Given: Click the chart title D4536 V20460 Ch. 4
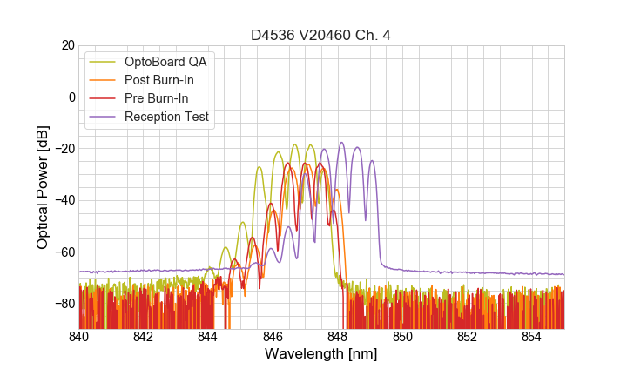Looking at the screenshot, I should [x=321, y=35].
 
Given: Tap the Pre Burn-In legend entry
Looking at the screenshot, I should [x=165, y=98].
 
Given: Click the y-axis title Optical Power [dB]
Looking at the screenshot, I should [x=42, y=187].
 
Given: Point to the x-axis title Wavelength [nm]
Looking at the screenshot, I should [x=321, y=355].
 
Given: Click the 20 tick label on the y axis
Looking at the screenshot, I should [x=67, y=45].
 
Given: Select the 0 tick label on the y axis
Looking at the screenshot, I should [x=71, y=97].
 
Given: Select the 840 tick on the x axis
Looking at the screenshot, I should [x=79, y=336].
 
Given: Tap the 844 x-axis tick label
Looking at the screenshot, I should [x=208, y=336].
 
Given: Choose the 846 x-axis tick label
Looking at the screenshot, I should [x=273, y=336].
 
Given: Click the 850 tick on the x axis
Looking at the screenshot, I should [x=402, y=336].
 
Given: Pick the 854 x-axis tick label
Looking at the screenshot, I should [x=531, y=336].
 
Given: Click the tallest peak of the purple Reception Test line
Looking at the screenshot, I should [x=341, y=143].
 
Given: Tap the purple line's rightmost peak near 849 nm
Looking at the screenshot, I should [x=372, y=161].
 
